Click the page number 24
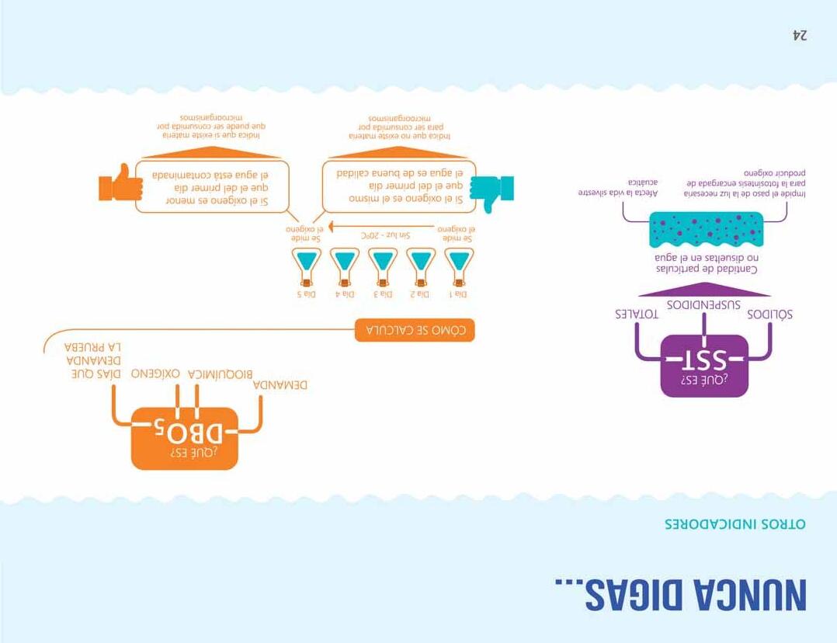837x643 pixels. (x=800, y=36)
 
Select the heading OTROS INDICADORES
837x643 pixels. (x=735, y=524)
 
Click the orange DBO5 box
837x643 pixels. (x=184, y=438)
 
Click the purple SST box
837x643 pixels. (x=703, y=365)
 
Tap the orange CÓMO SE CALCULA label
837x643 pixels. (x=414, y=330)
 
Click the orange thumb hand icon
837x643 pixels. (x=121, y=184)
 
